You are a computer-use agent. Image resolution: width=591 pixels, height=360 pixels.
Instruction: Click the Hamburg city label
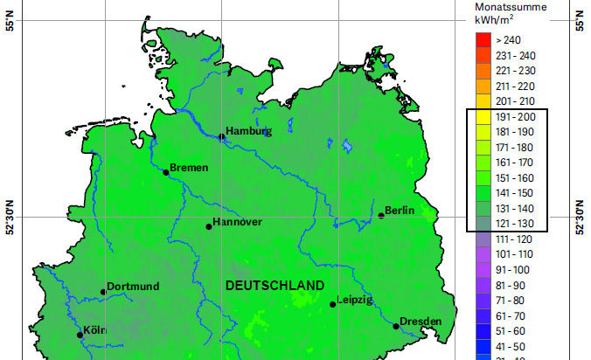pyautogui.click(x=248, y=132)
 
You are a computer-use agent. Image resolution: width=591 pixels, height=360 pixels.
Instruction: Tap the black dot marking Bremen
pyautogui.click(x=165, y=172)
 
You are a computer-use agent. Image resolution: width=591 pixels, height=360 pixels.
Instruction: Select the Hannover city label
pyautogui.click(x=238, y=222)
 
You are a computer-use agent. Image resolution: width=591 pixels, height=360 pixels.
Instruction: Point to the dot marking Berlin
pyautogui.click(x=381, y=215)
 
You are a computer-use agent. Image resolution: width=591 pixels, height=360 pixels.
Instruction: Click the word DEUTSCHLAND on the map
pyautogui.click(x=275, y=286)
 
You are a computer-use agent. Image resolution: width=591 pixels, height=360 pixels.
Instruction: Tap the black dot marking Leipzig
pyautogui.click(x=333, y=304)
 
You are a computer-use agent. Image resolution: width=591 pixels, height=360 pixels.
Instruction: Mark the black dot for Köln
pyautogui.click(x=80, y=335)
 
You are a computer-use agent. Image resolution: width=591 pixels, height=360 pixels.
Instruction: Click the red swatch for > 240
pyautogui.click(x=481, y=40)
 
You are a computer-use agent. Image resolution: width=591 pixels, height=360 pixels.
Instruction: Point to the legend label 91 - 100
pyautogui.click(x=514, y=269)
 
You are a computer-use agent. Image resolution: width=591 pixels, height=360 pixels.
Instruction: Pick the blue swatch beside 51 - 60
pyautogui.click(x=481, y=330)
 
